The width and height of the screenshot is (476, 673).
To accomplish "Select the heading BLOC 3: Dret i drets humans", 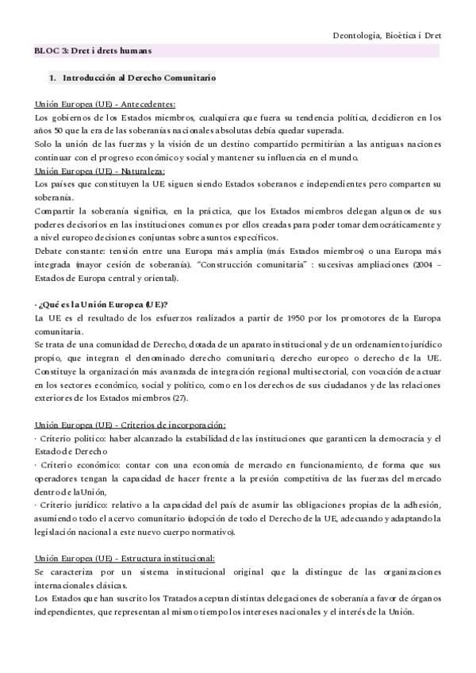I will coord(92,50).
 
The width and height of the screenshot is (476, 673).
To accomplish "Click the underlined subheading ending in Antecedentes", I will coord(105,104).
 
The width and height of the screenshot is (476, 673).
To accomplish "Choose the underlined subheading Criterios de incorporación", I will coord(130,425).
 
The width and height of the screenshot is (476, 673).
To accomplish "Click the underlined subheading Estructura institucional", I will coord(125,558).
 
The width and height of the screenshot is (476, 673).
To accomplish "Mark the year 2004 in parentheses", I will coord(437,264).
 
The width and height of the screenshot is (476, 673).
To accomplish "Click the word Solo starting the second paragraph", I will coord(44,144).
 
